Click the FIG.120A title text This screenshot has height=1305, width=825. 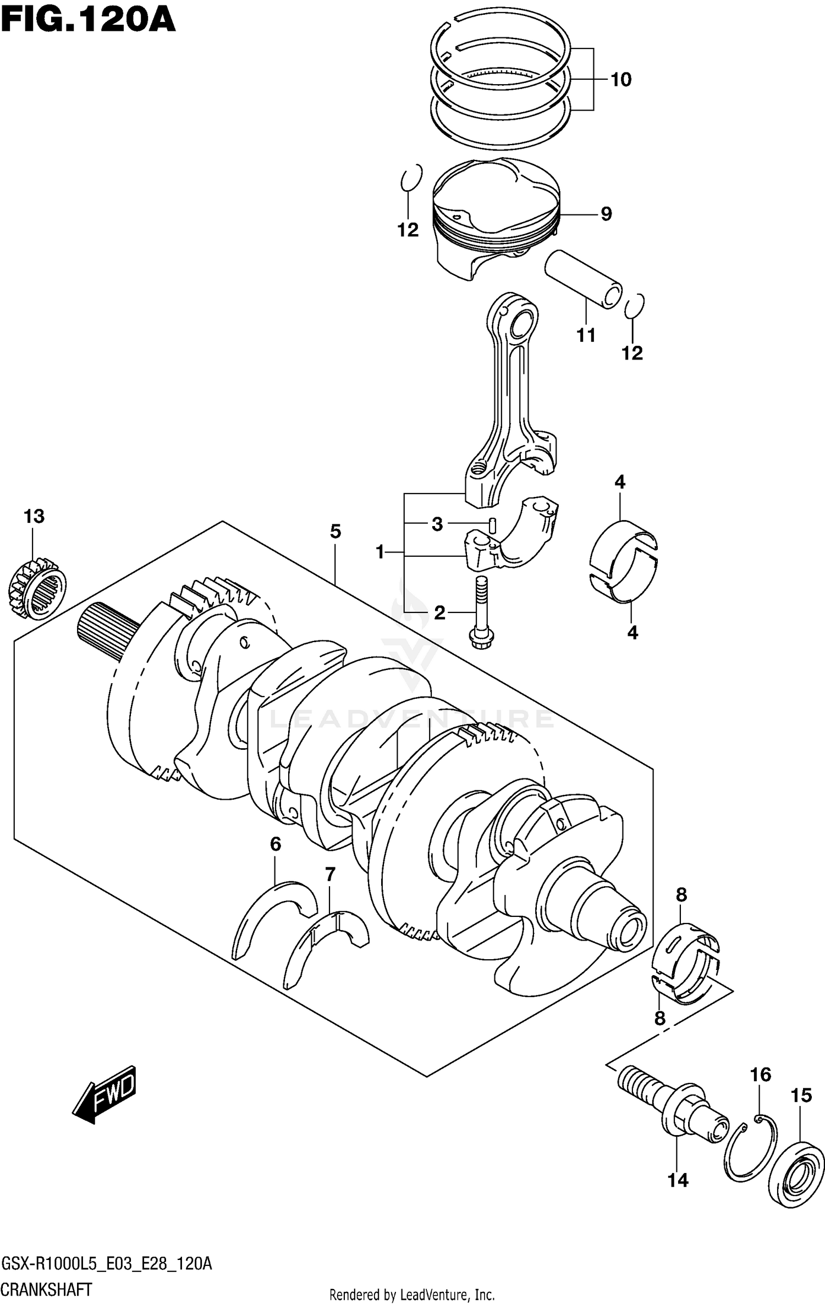[88, 22]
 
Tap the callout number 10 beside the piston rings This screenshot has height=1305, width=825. [621, 80]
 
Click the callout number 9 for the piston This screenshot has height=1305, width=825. [606, 214]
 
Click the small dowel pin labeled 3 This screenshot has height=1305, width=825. [493, 525]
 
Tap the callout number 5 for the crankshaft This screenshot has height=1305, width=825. [335, 532]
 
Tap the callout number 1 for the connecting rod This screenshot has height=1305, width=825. [380, 551]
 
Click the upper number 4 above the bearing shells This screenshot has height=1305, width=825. [620, 483]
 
